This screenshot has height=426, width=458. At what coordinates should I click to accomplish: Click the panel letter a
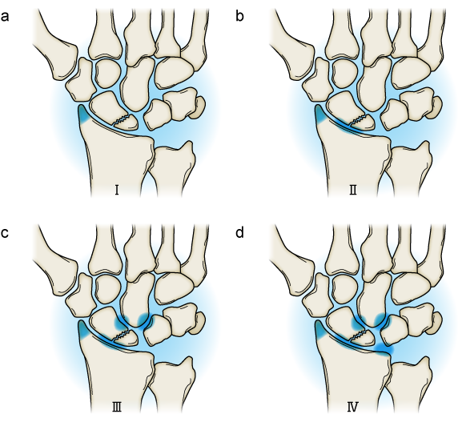tap(5, 16)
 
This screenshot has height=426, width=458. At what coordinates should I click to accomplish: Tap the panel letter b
tap(239, 15)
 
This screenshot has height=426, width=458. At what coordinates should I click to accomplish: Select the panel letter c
tap(5, 233)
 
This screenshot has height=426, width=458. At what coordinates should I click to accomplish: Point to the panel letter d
tap(239, 232)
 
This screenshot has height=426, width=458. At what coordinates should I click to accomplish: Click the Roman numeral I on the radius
tap(117, 191)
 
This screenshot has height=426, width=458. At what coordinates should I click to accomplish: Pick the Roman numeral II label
tap(353, 191)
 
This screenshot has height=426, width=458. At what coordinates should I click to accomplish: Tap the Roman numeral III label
tap(117, 407)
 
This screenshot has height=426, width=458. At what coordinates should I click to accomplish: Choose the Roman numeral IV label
tap(353, 407)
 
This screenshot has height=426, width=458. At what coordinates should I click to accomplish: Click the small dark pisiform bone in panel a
tap(199, 108)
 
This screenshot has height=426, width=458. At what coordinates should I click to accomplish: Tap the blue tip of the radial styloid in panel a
tap(83, 115)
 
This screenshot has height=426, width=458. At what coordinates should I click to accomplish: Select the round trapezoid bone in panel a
tap(108, 73)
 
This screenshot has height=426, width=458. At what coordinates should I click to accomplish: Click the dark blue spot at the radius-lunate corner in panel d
tap(384, 348)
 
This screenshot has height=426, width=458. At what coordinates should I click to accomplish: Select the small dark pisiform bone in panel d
tap(435, 324)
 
